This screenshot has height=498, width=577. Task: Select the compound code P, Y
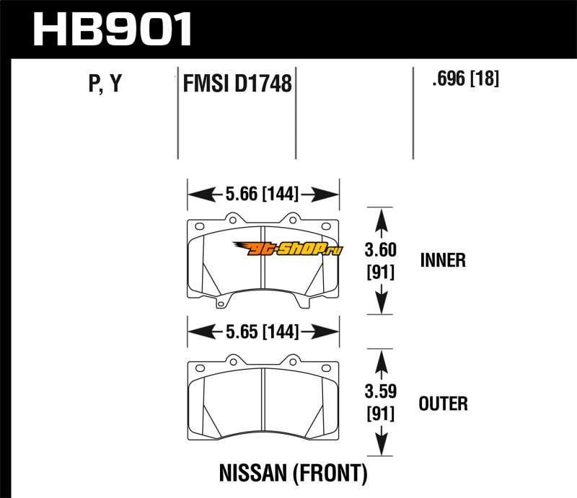[x=105, y=84]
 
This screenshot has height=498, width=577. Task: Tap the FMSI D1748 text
[x=237, y=84]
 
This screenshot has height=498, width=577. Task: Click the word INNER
[x=443, y=260]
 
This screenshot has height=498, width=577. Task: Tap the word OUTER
[x=444, y=404]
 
